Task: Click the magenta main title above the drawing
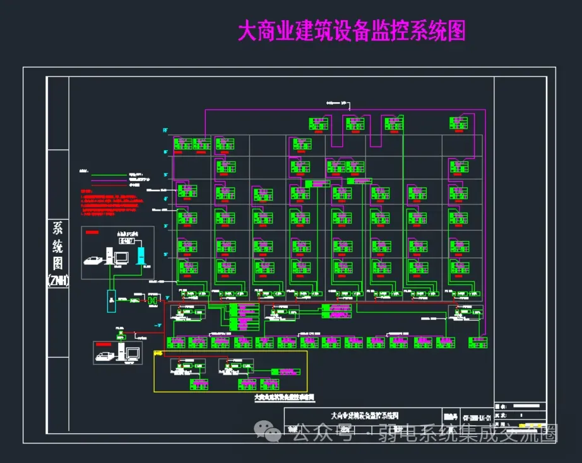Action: [351, 30]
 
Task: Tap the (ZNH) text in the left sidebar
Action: [58, 280]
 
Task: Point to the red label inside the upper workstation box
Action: [92, 233]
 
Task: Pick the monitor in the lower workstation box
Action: [133, 354]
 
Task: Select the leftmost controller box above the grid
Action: [319, 124]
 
